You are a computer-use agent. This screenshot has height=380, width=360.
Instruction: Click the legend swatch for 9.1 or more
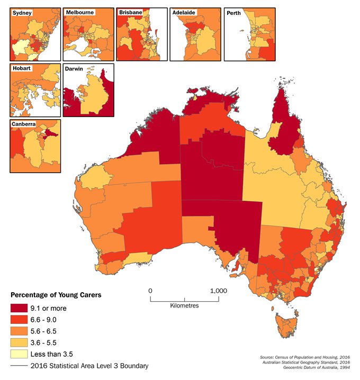pos(20,307)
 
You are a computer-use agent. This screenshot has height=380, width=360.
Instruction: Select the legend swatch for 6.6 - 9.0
pos(20,319)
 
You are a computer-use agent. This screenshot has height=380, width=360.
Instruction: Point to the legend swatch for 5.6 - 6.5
pos(20,331)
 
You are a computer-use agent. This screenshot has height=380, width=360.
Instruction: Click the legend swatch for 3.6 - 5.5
pos(20,342)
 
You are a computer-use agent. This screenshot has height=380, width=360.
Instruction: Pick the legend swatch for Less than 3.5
pos(20,354)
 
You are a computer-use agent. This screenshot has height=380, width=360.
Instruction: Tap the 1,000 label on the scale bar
pos(218,291)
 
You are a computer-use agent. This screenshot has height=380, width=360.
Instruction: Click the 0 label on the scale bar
pos(150,291)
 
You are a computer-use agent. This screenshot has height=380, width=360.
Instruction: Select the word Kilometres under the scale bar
pos(185,306)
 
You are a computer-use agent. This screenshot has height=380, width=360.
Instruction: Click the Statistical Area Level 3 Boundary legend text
pos(89,366)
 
